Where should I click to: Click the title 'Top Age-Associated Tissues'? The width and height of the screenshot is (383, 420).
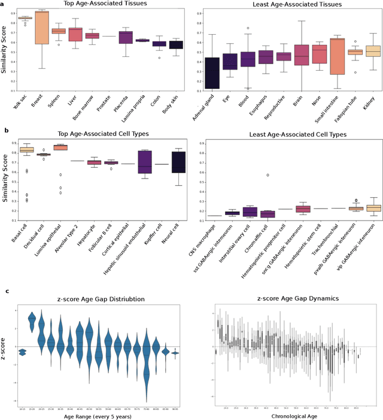pyautogui.click(x=98, y=5)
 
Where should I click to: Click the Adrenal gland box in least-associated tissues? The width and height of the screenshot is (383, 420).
pyautogui.click(x=211, y=72)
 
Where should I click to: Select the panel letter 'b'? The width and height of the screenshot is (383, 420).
pyautogui.click(x=6, y=130)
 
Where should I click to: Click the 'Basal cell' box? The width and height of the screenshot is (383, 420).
pyautogui.click(x=26, y=150)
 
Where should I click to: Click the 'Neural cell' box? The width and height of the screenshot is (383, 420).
pyautogui.click(x=178, y=162)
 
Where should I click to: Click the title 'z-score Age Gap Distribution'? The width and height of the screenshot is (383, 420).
pyautogui.click(x=99, y=299)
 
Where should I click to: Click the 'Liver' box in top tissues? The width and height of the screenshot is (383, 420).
pyautogui.click(x=76, y=34)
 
